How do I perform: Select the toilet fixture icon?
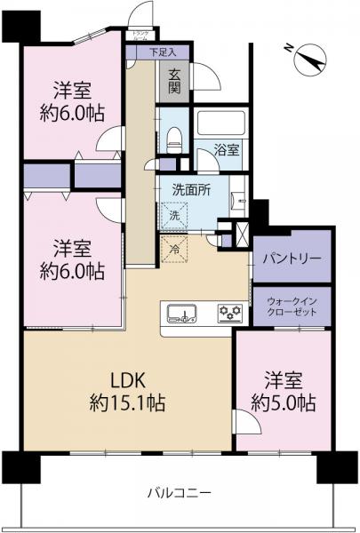173,136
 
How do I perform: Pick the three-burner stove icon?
230,313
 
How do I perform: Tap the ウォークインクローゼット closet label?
292,307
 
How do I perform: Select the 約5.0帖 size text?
283,403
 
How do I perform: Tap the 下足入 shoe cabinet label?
163,52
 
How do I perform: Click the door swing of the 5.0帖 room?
247,424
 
